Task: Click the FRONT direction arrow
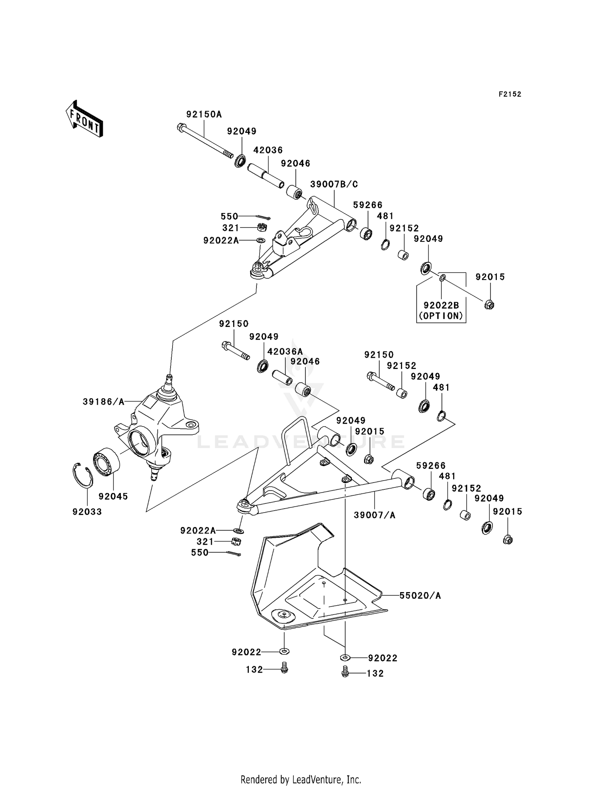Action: (85, 119)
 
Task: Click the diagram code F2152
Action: (510, 94)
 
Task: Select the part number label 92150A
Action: (204, 114)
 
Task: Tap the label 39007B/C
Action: (334, 184)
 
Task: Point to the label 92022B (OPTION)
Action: (441, 310)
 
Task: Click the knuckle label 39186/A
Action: (104, 402)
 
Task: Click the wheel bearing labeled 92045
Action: (107, 462)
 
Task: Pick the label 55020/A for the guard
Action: (420, 596)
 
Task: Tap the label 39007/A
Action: (374, 515)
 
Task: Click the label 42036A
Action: (285, 351)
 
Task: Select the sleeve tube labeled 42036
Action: (266, 176)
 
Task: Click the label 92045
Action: (113, 496)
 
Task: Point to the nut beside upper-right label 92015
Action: (489, 305)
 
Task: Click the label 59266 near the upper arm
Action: (368, 205)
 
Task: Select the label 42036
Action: (268, 150)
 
